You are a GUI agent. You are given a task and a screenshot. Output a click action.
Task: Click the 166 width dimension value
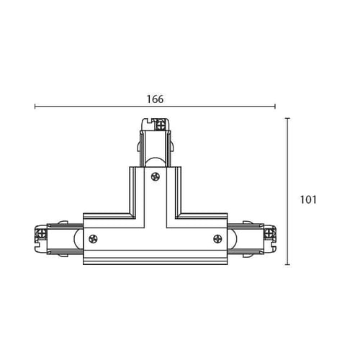(x=156, y=99)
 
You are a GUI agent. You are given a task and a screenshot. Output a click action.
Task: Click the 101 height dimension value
(x=308, y=199)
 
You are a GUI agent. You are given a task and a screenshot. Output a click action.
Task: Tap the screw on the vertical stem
(x=156, y=177)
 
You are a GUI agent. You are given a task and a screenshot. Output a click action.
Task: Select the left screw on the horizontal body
(x=93, y=239)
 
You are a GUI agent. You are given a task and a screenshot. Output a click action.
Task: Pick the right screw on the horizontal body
(x=217, y=239)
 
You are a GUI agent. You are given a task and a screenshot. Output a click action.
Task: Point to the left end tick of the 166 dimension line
(x=35, y=107)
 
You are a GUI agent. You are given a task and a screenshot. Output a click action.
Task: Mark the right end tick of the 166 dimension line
(x=275, y=107)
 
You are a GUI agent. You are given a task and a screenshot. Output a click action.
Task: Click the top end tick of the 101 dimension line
(x=288, y=118)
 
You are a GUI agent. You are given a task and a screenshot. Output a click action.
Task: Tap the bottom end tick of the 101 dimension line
(x=288, y=265)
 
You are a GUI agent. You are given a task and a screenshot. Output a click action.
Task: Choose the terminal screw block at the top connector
(x=160, y=125)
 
